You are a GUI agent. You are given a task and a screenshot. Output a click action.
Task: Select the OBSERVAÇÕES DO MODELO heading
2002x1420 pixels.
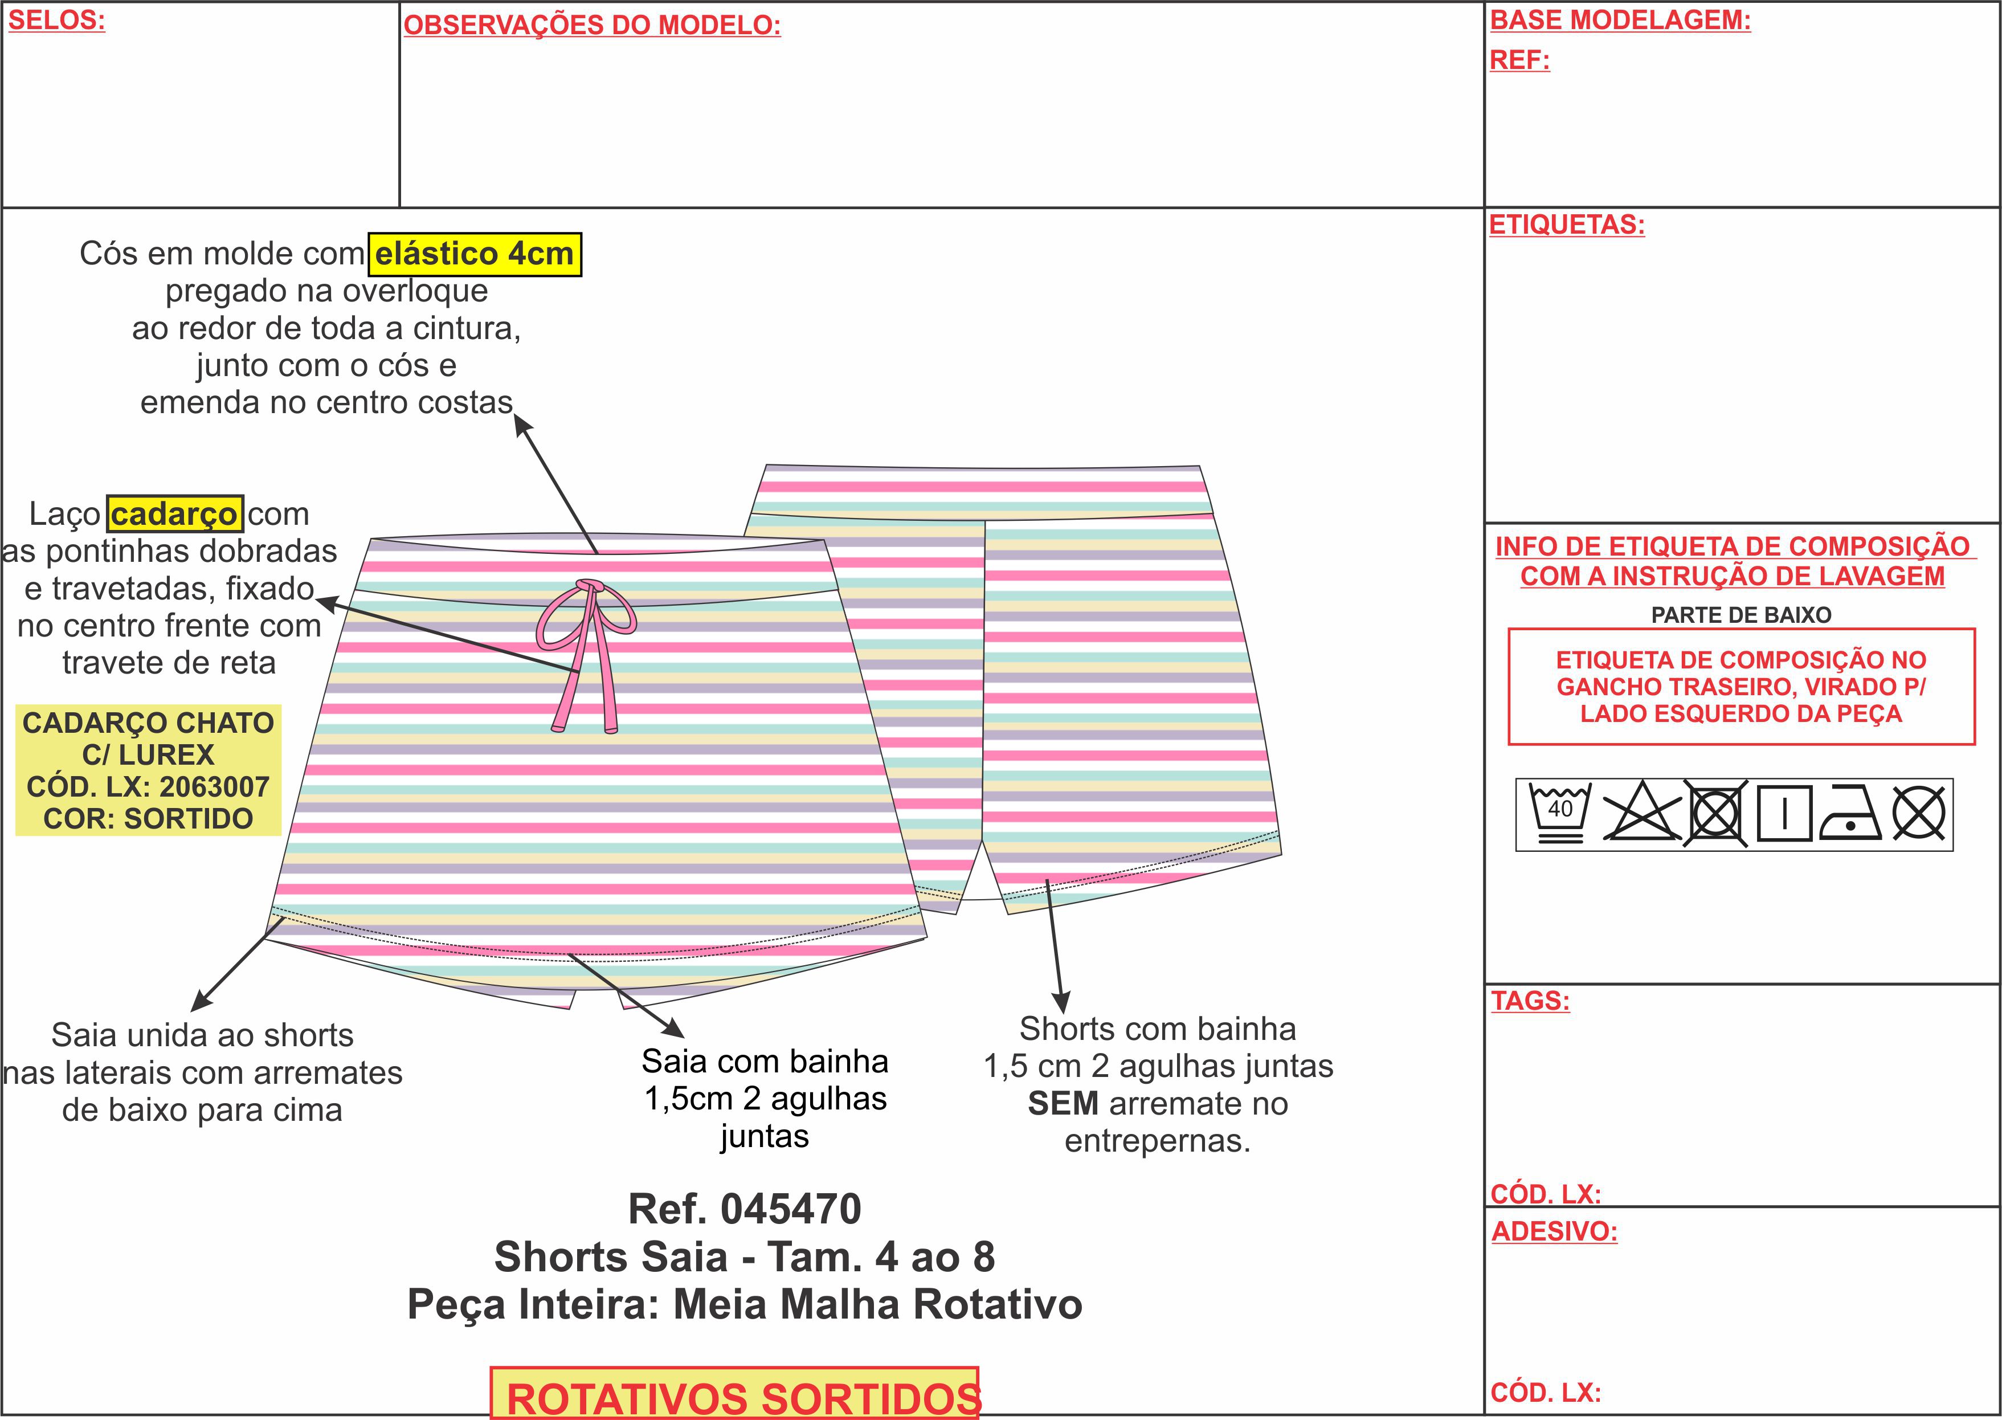click(x=592, y=25)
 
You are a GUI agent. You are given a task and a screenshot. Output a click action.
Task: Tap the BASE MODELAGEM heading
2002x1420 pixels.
click(x=1620, y=20)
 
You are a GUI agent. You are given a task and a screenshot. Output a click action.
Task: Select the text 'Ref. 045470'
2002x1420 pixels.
click(x=745, y=1209)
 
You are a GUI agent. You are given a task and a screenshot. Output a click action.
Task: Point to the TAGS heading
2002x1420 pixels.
click(x=1530, y=1001)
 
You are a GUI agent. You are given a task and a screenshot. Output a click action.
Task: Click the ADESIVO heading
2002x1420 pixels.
click(x=1554, y=1232)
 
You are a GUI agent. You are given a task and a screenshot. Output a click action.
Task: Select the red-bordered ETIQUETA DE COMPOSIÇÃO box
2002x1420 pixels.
click(x=1740, y=687)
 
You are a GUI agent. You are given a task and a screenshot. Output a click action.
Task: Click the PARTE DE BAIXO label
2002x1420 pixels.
click(x=1740, y=615)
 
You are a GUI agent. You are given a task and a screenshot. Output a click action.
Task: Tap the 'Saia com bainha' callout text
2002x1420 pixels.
click(x=765, y=1062)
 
